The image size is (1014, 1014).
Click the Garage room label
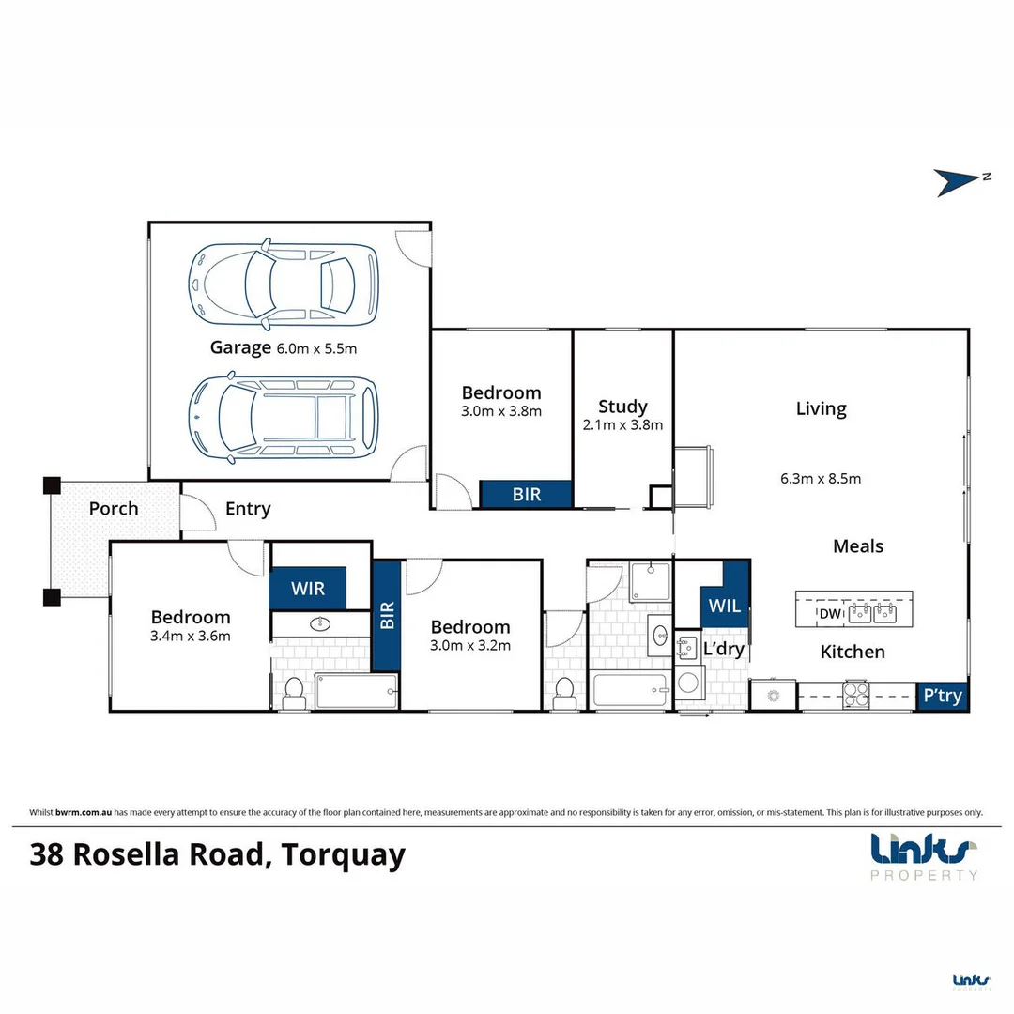pos(240,347)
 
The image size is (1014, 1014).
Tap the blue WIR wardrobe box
pos(308,589)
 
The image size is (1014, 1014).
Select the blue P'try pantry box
pos(942,697)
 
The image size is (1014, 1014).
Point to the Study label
pos(622,407)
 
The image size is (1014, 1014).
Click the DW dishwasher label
pos(829,614)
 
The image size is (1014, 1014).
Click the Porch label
pos(114,509)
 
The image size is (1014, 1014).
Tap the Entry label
pos(248,509)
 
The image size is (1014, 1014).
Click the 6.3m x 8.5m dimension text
pos(820,478)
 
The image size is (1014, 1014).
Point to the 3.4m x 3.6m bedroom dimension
pos(191,636)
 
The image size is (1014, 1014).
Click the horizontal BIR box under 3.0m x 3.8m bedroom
pos(527,494)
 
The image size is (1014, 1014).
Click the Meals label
pos(857,546)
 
